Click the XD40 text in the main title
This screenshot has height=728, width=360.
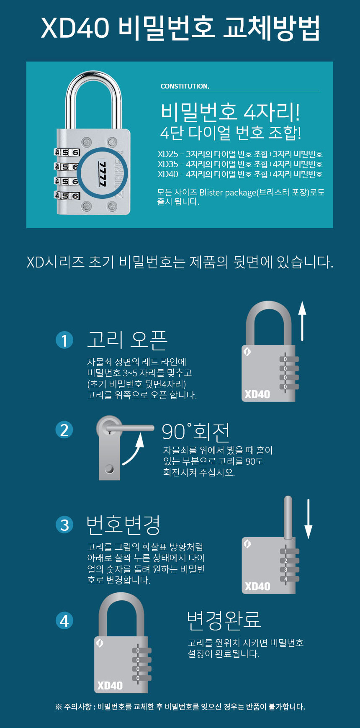click(x=75, y=28)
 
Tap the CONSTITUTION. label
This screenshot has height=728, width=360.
click(x=185, y=86)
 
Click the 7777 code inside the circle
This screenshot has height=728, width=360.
click(x=102, y=173)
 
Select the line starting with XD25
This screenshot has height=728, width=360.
click(x=240, y=154)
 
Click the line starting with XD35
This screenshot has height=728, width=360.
click(x=240, y=164)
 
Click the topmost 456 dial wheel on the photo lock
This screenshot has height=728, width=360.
click(x=67, y=152)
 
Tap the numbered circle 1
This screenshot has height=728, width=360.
click(x=64, y=340)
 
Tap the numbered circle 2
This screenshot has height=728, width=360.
click(x=64, y=430)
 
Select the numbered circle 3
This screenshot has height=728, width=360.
click(x=64, y=525)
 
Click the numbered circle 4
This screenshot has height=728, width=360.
click(x=64, y=620)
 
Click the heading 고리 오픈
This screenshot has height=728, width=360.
click(x=127, y=340)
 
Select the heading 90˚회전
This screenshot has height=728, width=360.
click(x=195, y=432)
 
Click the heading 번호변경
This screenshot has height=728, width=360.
click(x=123, y=525)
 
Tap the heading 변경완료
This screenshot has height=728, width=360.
click(x=224, y=620)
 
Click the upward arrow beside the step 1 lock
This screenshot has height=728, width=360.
click(x=302, y=320)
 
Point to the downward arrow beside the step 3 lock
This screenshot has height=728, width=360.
click(x=309, y=519)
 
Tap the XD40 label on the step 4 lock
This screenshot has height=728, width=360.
click(x=110, y=685)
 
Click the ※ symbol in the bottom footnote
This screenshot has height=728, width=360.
click(x=59, y=707)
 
